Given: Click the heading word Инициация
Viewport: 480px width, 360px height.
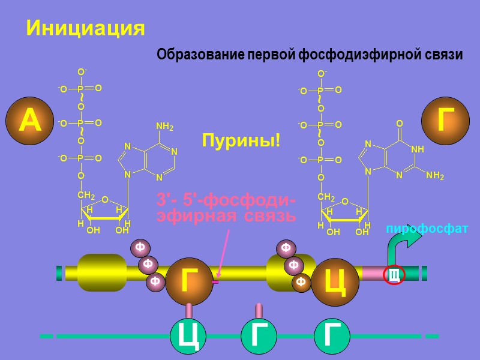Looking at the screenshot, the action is click(x=85, y=28).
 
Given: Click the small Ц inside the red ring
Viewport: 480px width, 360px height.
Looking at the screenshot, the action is click(x=394, y=275).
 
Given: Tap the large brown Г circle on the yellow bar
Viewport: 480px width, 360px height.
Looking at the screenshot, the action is click(x=190, y=281).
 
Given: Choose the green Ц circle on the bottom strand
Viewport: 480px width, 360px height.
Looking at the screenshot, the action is click(x=189, y=336).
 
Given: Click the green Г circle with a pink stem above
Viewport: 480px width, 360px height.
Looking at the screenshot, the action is click(x=259, y=336).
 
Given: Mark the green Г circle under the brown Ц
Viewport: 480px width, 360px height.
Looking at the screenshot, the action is click(x=332, y=336).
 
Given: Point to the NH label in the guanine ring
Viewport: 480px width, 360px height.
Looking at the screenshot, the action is click(x=418, y=149).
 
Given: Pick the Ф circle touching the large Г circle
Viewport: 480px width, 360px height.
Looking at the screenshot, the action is click(x=155, y=280).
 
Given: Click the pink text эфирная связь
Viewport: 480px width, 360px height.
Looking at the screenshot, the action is click(x=226, y=215).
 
